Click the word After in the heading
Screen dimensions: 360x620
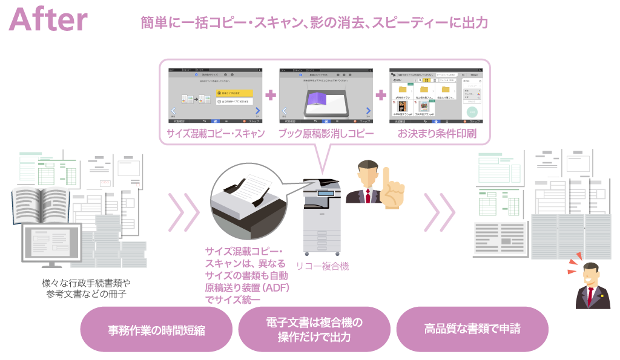48,20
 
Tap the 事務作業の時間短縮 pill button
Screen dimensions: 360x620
156,330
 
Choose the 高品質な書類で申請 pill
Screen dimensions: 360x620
472,329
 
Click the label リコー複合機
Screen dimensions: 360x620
322,266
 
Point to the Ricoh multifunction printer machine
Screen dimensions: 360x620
322,218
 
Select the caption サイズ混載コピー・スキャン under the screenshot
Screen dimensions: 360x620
216,134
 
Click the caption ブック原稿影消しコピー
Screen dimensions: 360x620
326,134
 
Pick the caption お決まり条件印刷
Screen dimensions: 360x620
435,134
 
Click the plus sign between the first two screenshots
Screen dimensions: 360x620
271,95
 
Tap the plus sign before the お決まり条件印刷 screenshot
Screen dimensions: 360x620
381,95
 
